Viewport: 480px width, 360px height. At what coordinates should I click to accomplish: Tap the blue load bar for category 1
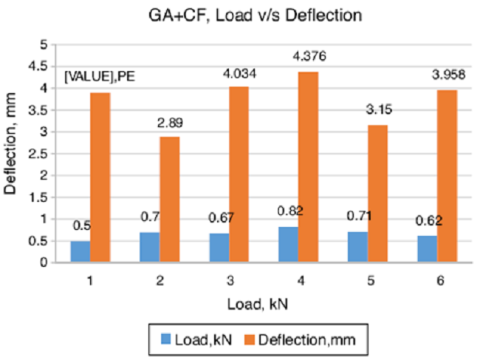coord(80,251)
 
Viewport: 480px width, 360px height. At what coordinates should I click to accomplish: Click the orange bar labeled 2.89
coord(170,200)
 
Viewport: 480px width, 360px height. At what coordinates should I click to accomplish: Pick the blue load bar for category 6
coord(427,249)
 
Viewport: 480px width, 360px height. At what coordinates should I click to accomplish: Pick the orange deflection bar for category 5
coord(377,194)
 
